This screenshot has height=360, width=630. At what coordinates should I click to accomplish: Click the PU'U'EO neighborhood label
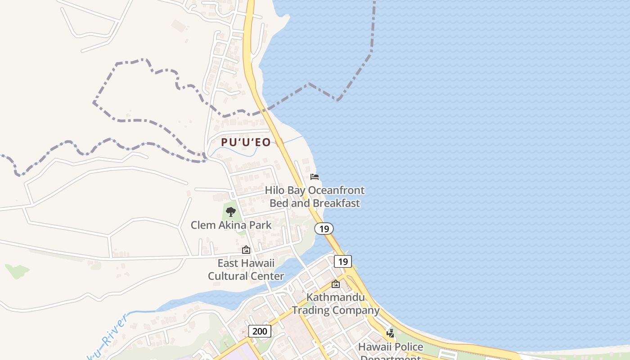click(246, 143)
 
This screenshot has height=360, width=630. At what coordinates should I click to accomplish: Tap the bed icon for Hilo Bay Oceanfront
click(315, 177)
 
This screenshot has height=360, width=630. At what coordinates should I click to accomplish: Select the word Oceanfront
click(336, 190)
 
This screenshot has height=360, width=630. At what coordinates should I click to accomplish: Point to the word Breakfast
click(337, 203)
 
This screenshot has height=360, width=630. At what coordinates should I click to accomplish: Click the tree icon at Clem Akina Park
click(231, 211)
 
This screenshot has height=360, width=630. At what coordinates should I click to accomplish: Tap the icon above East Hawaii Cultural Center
click(246, 250)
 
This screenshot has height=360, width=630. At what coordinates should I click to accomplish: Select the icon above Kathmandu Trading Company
click(336, 284)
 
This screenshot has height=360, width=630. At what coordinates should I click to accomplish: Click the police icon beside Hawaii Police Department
click(391, 333)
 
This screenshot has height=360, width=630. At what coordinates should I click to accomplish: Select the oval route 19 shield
click(324, 229)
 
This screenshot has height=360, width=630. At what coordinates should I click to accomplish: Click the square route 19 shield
click(343, 261)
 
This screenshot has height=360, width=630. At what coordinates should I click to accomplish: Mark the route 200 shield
click(259, 331)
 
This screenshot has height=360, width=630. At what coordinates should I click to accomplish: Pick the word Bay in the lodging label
click(297, 190)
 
